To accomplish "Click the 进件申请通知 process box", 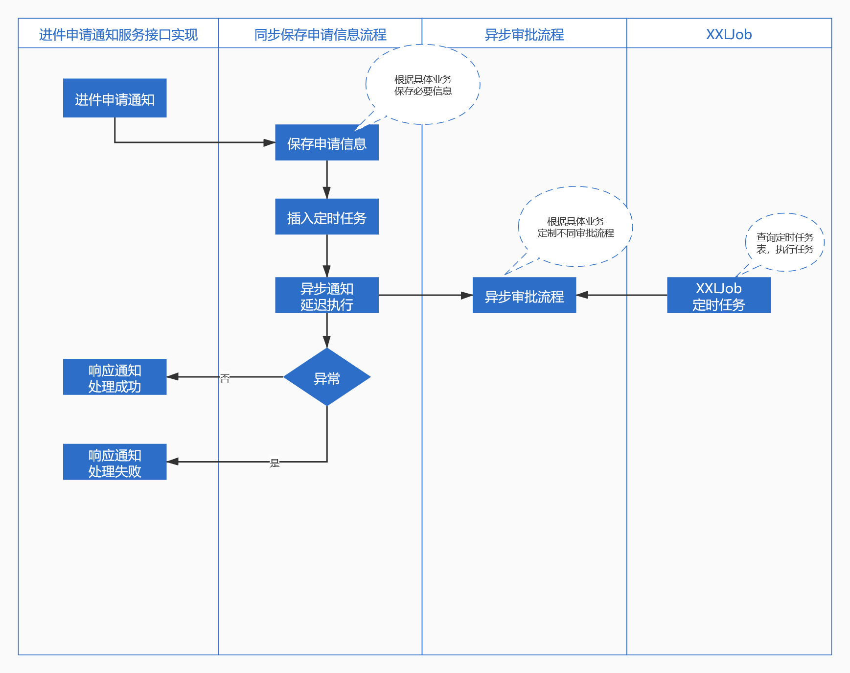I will [x=115, y=98].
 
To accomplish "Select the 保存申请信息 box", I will [x=326, y=142].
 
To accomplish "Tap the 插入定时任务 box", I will [x=326, y=216].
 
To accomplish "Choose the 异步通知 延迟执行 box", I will [x=326, y=295].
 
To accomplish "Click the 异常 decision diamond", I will [x=326, y=377].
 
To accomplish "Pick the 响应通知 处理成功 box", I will [x=115, y=377].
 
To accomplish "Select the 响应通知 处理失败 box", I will [x=115, y=462].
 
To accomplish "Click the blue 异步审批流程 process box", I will [x=524, y=295].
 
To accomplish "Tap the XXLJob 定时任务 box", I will [x=718, y=295].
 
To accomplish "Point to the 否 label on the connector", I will [x=225, y=378].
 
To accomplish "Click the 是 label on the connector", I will [x=275, y=463].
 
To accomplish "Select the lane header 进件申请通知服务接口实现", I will [x=118, y=34].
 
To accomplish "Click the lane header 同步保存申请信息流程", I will [x=320, y=34].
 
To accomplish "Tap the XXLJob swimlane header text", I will [x=729, y=34].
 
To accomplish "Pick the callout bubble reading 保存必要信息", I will [x=423, y=85].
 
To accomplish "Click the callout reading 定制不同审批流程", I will [x=575, y=227].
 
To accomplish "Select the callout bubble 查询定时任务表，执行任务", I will [x=784, y=243].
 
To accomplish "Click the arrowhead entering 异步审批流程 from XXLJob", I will [x=582, y=295].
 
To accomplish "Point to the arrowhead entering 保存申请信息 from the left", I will [x=270, y=142].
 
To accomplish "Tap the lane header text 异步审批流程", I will [x=524, y=34].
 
